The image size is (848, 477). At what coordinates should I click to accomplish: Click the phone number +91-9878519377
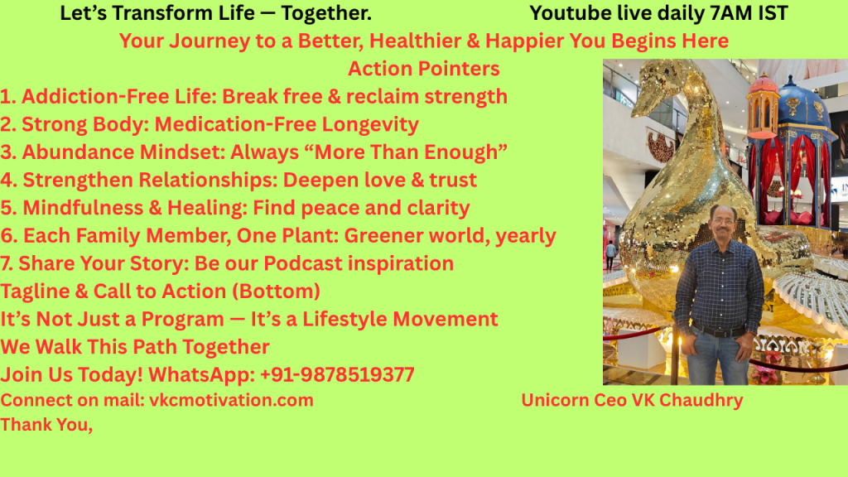click(x=337, y=374)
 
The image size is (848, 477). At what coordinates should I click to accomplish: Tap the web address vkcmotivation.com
click(x=231, y=400)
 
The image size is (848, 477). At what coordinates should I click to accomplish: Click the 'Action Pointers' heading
click(x=423, y=69)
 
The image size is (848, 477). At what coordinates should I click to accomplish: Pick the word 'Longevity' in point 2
click(x=370, y=124)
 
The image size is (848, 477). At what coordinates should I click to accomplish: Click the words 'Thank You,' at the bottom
click(x=46, y=425)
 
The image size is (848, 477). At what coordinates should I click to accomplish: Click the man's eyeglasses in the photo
click(x=724, y=220)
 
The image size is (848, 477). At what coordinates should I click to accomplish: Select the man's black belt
click(x=720, y=331)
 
